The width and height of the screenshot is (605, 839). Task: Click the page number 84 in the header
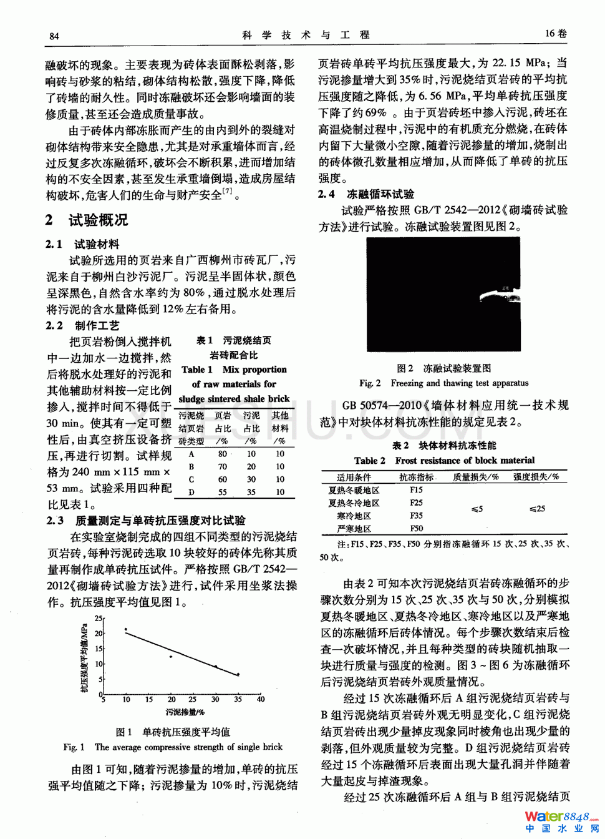[54, 36]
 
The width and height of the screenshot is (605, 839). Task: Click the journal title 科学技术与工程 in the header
[306, 35]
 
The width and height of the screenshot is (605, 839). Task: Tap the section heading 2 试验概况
[87, 220]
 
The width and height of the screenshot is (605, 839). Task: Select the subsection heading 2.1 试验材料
[82, 244]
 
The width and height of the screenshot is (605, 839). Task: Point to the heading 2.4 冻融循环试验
[366, 194]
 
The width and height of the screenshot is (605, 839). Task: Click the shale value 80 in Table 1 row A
[223, 454]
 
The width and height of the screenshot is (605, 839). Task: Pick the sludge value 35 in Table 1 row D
[251, 492]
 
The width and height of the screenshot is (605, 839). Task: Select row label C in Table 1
[191, 479]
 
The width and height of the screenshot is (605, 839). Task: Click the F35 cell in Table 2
[416, 516]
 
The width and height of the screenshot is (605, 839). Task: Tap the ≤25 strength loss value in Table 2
[537, 509]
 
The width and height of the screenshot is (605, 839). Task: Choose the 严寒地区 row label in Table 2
[354, 529]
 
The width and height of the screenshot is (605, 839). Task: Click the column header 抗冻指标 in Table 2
[416, 477]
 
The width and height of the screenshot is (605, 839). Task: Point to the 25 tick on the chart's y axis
[98, 618]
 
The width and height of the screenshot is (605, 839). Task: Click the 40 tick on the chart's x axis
[261, 699]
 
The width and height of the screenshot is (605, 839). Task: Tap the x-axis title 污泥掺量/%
[185, 712]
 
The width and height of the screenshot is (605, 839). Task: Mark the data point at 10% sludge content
[126, 630]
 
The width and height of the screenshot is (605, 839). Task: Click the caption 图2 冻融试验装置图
[443, 368]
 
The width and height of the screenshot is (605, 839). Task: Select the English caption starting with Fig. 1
[173, 747]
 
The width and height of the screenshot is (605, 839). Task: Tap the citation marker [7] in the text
[228, 191]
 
